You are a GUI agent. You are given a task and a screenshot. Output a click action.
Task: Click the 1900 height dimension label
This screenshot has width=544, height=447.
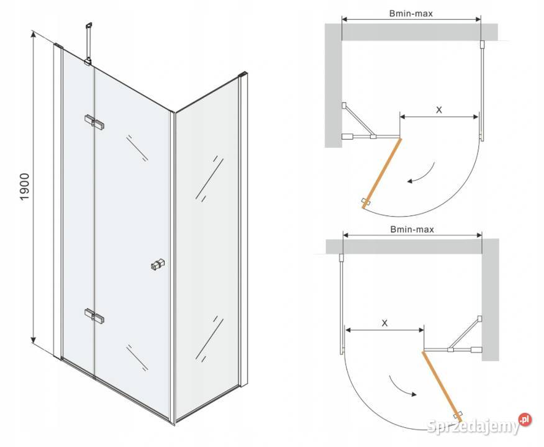(25, 186)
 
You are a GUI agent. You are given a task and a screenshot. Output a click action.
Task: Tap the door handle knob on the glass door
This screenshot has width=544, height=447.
(158, 264)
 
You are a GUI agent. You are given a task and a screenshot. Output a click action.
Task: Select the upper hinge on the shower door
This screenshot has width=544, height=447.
(94, 122)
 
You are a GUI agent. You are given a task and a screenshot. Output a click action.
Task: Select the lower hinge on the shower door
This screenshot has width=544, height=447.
(94, 315)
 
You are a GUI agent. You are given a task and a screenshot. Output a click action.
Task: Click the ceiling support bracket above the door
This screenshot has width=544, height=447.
(88, 43)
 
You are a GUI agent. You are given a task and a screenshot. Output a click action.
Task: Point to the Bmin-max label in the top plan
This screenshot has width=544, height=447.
(410, 14)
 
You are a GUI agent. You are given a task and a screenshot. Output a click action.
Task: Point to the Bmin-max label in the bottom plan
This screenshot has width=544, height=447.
(412, 229)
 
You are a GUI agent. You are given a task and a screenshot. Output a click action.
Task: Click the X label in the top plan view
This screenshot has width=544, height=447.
(439, 110)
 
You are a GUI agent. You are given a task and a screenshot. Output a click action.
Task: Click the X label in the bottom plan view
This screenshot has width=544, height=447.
(384, 323)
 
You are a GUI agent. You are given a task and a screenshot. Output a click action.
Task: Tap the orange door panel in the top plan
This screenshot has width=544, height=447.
(382, 173)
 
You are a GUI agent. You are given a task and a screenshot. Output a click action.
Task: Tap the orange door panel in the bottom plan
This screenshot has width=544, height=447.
(442, 386)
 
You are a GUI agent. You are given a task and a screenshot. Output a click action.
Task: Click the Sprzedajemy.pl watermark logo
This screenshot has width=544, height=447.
(479, 425)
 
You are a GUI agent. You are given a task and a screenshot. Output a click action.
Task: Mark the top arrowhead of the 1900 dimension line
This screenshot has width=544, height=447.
(34, 34)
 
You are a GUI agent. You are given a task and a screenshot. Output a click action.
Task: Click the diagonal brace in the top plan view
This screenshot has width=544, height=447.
(358, 120)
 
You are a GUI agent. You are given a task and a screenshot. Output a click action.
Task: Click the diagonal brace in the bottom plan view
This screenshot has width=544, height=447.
(465, 333)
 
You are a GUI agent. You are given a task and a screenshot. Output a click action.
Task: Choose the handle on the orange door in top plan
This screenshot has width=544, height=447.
(366, 202)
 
